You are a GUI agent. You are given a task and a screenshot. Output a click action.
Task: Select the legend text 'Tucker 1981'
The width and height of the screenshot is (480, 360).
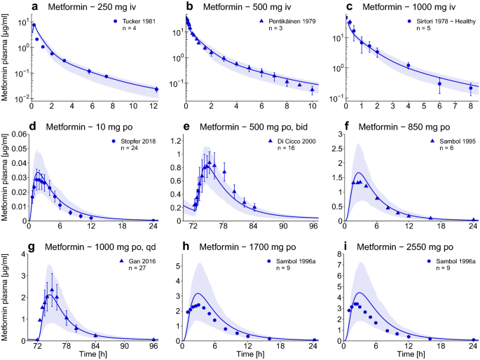137,22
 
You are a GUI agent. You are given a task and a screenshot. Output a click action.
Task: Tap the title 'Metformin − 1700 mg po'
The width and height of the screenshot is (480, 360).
249,247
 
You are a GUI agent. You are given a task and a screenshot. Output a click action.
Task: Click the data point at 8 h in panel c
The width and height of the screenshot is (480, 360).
470,88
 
